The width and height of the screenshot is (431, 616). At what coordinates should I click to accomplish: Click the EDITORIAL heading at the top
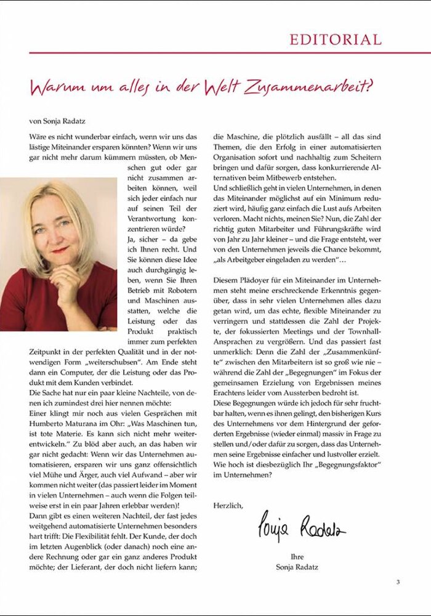click(336, 40)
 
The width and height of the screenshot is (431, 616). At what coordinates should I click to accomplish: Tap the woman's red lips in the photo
click(60, 249)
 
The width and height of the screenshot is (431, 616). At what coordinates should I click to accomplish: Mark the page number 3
click(398, 582)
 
